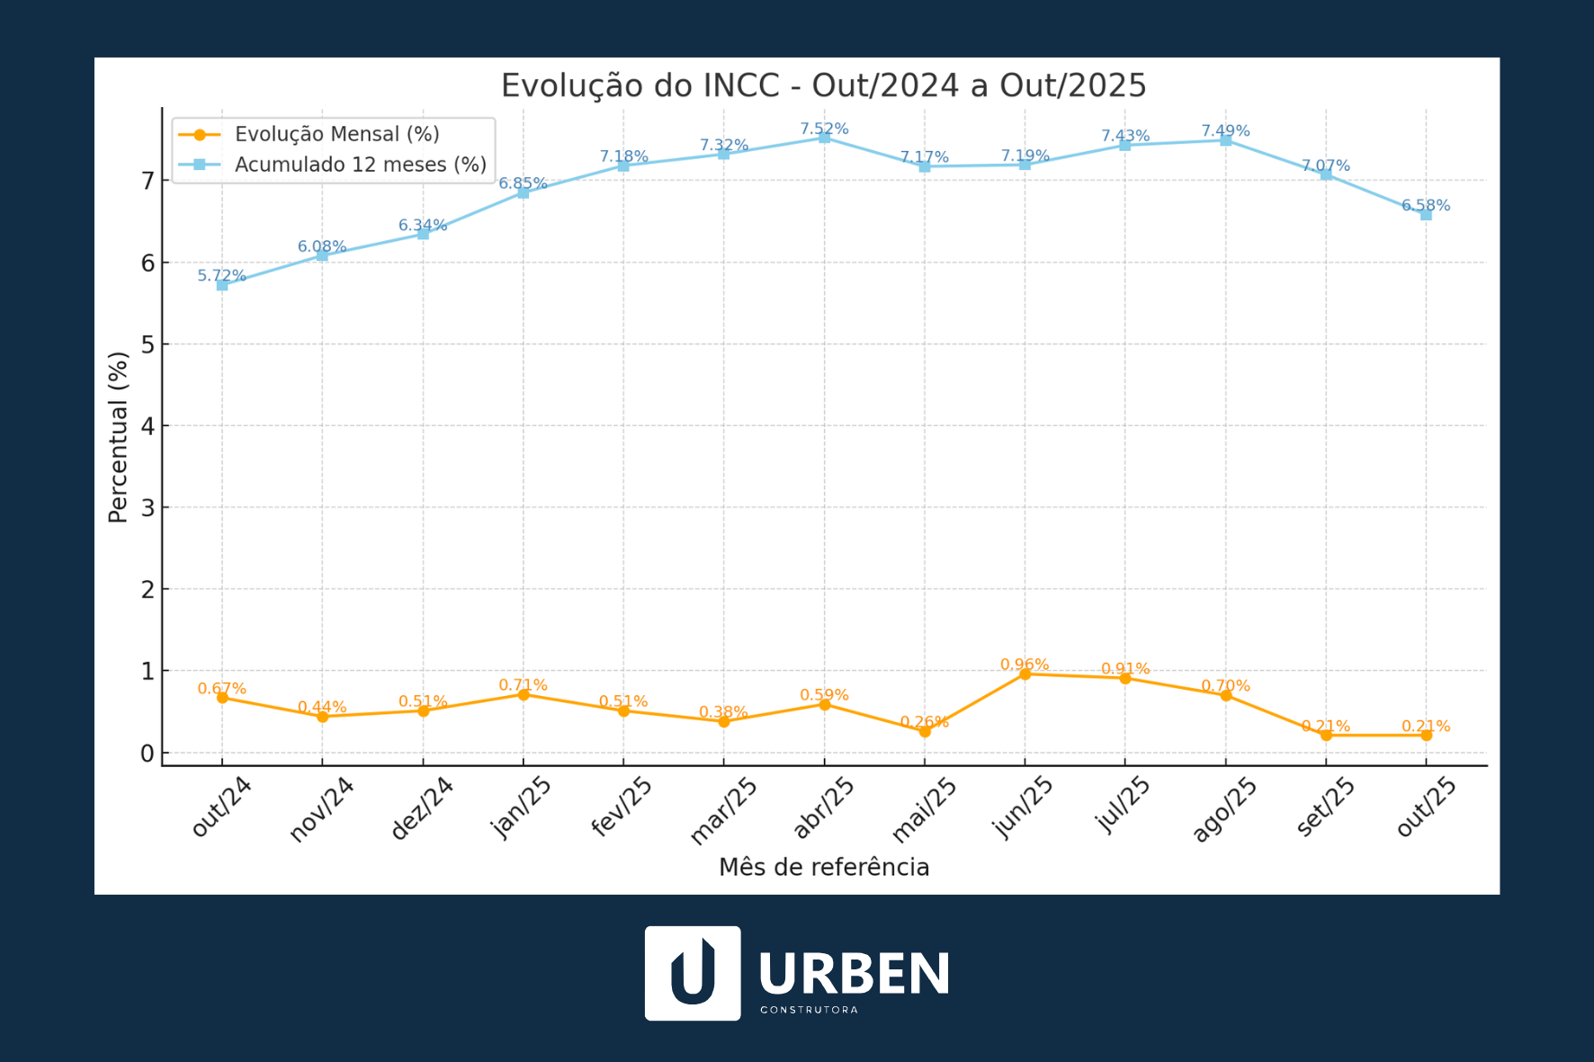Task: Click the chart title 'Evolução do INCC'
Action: click(x=823, y=85)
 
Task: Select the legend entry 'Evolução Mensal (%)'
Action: click(x=336, y=134)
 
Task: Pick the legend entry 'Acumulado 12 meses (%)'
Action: click(x=360, y=165)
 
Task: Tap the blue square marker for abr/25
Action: click(x=824, y=138)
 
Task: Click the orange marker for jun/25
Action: click(x=1025, y=674)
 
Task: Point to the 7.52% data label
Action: click(x=824, y=129)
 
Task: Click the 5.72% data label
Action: click(x=221, y=275)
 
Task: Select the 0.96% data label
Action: click(x=1025, y=665)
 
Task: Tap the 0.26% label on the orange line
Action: click(x=924, y=721)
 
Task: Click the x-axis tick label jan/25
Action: click(x=524, y=807)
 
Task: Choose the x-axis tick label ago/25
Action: click(x=1224, y=809)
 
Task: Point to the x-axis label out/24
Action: click(x=221, y=807)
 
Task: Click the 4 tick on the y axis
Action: click(x=148, y=426)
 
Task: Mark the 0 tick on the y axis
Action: click(x=148, y=754)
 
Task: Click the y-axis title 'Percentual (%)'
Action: click(x=119, y=437)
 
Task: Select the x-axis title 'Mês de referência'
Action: click(x=823, y=867)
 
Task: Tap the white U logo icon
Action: click(x=693, y=973)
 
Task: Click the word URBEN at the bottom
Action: click(x=854, y=973)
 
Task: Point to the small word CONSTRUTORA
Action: click(x=809, y=1010)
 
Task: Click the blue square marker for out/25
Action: click(x=1426, y=214)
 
